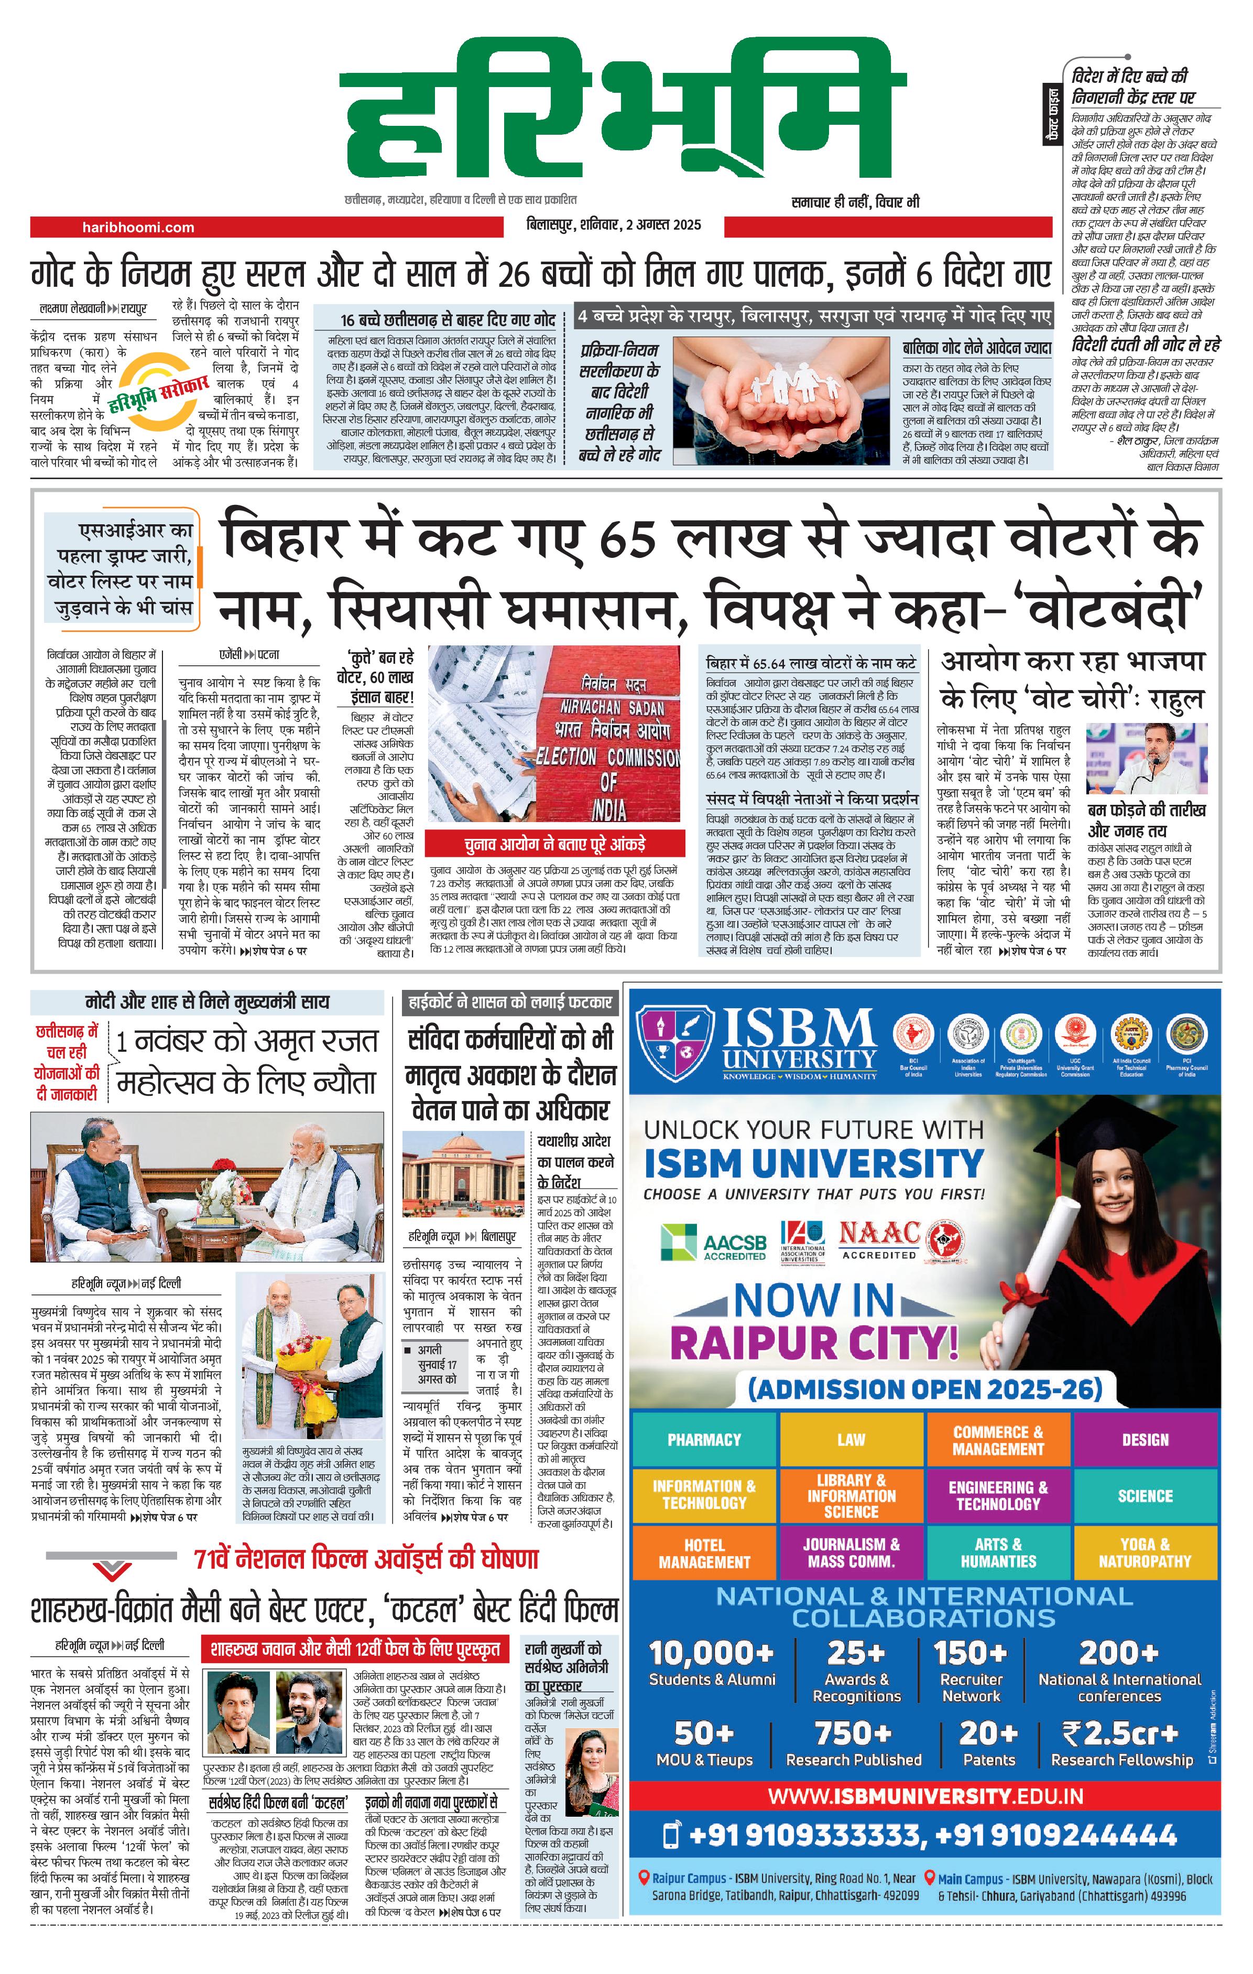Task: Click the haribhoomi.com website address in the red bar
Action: [138, 227]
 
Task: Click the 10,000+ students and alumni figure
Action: [711, 1663]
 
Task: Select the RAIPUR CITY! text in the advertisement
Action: [814, 1343]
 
